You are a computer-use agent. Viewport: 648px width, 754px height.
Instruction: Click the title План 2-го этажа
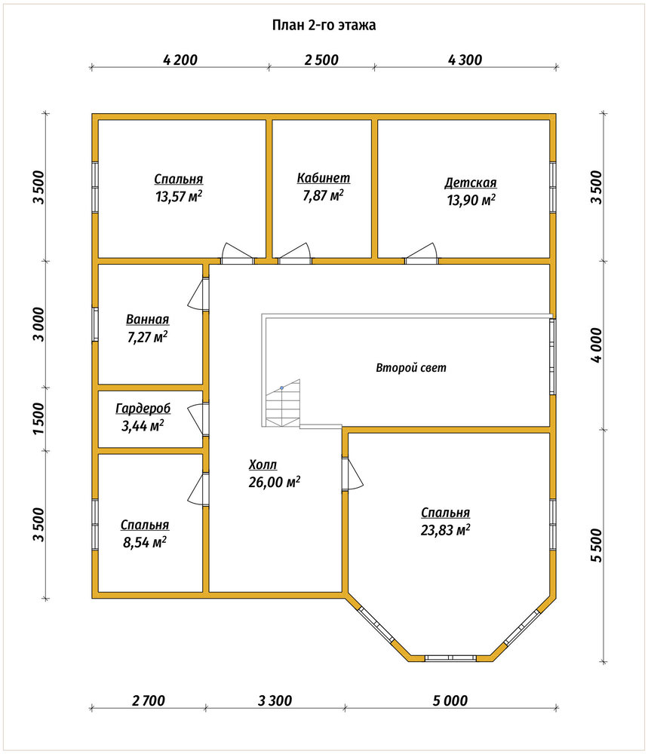tap(324, 25)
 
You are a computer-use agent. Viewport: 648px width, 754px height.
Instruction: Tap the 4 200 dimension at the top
tap(180, 60)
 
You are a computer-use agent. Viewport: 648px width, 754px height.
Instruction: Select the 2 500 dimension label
tap(321, 60)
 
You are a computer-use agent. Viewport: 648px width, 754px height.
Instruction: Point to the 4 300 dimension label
tap(465, 60)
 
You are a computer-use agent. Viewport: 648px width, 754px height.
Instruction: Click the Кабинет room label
tap(324, 178)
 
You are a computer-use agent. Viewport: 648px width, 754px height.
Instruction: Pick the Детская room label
tap(471, 182)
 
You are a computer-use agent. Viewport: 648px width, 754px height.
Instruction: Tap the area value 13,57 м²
tap(179, 196)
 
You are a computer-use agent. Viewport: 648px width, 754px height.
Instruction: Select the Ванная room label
tap(148, 319)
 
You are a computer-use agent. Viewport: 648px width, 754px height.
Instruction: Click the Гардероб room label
tap(143, 409)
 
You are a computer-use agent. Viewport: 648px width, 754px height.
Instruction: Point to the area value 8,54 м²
tap(145, 542)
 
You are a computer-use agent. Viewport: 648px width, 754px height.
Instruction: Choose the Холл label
tap(263, 465)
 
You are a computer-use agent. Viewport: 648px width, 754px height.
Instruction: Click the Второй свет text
tap(411, 368)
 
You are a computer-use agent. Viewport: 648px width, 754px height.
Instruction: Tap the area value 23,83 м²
tap(446, 530)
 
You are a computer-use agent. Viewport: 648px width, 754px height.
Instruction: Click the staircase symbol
tap(282, 403)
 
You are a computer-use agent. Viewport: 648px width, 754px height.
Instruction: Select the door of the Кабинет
tap(295, 254)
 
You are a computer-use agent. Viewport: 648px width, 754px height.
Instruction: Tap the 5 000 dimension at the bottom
tap(450, 700)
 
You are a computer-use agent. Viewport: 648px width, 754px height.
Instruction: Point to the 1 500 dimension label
tap(39, 418)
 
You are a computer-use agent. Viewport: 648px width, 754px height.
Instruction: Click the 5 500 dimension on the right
tap(595, 545)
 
